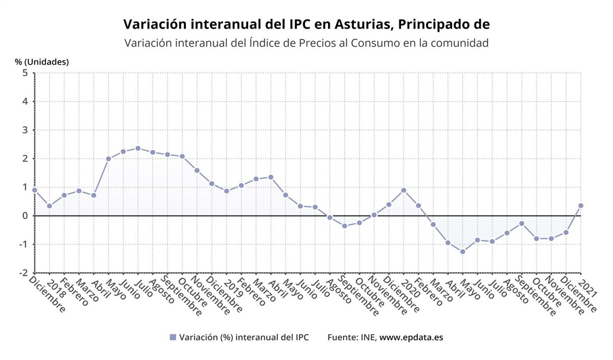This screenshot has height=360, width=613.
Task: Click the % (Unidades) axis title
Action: pos(42,62)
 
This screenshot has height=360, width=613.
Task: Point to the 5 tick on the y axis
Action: pos(25,73)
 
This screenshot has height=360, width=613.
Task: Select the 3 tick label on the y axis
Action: pos(25,130)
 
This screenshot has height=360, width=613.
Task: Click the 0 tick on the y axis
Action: pos(25,215)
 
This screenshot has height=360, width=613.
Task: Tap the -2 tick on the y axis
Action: pos(23,273)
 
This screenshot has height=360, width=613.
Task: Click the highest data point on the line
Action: pos(138,148)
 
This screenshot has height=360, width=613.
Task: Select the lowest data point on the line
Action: pos(463,252)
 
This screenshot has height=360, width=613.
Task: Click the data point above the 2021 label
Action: pos(581,205)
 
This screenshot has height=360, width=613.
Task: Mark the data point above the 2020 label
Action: pos(404,190)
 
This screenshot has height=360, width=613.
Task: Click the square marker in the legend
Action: pos(173,338)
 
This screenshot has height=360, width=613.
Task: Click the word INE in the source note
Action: pos(368,338)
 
